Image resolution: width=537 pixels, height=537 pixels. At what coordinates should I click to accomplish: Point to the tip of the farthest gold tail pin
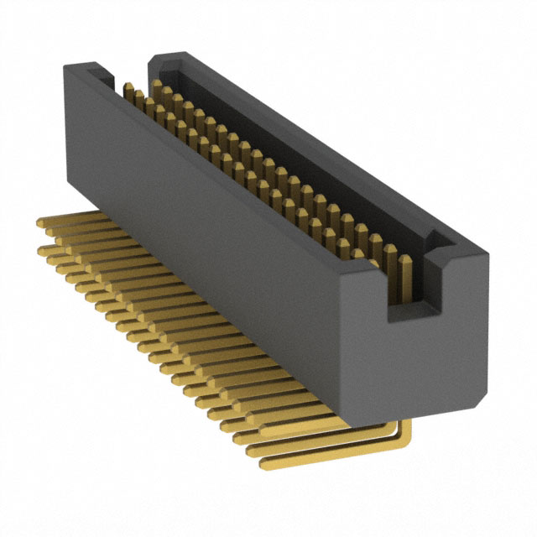40,222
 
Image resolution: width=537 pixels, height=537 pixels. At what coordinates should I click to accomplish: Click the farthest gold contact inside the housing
128,90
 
